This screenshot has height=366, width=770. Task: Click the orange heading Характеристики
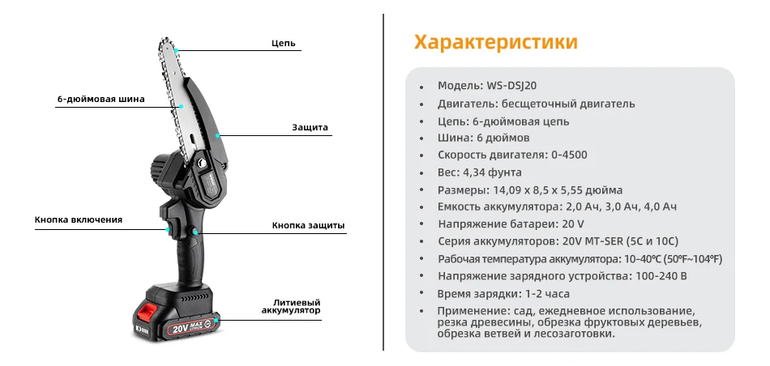point(495,41)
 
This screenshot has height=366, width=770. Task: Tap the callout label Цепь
point(284,43)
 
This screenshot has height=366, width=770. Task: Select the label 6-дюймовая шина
point(101,100)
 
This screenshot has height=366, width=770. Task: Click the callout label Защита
point(310,127)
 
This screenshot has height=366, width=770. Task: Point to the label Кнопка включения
point(79,219)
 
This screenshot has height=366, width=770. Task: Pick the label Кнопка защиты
point(308,225)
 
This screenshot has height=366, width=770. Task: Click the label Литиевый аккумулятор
point(291,305)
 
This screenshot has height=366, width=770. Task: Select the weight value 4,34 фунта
point(491,172)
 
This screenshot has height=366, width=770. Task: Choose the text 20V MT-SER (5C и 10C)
point(618,241)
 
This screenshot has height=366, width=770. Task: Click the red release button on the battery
point(148,311)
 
